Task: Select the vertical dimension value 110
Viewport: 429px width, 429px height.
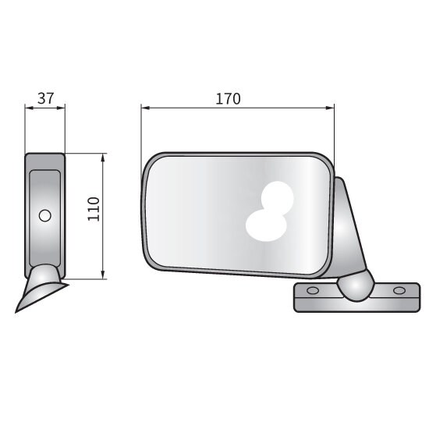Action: tap(94, 210)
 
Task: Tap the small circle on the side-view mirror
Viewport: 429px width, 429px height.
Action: tap(45, 215)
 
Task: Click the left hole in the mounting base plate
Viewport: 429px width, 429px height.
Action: tap(314, 291)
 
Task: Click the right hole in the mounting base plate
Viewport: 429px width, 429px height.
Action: tap(400, 291)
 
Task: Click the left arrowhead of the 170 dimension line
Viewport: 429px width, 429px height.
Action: tap(144, 108)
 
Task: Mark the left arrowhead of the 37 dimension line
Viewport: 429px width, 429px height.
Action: tap(28, 108)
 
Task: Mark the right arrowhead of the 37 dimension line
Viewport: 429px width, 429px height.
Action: tap(62, 108)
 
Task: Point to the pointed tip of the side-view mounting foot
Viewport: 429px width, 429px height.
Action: tap(18, 310)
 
